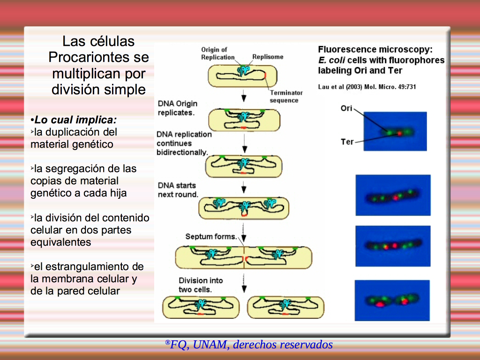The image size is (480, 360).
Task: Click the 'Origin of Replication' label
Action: pos(217,53)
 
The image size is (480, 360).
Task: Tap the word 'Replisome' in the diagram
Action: pos(268,57)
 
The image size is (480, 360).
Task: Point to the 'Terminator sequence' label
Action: pos(286,97)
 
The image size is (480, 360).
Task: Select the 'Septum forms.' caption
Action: pos(211,237)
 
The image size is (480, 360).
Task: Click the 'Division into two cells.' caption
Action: pos(201,285)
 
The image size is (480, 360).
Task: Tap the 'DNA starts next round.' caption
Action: pos(178,190)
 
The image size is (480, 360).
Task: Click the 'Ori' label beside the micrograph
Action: pos(346,108)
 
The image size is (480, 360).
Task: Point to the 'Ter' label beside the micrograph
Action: pos(347,142)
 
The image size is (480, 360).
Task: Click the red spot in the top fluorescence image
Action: pos(399,134)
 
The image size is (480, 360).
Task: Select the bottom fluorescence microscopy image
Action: pos(392,300)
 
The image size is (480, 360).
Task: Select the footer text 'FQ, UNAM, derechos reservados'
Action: pos(251,345)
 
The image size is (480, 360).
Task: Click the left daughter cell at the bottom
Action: pos(201,307)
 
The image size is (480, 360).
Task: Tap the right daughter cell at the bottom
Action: pos(285,307)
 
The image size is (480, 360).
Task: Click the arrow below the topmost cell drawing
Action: pos(244,96)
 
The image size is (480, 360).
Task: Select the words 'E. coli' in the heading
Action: pos(331,60)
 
